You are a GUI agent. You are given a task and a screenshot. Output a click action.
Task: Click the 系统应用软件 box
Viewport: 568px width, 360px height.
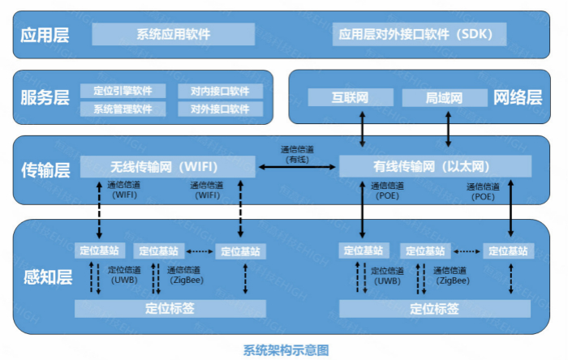click(174, 34)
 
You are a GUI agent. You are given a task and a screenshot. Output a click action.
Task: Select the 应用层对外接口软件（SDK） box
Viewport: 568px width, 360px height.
click(420, 34)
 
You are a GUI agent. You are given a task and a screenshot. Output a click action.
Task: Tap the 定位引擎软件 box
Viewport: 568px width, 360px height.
click(123, 91)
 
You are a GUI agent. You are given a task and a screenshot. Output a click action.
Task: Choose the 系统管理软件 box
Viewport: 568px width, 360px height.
click(123, 109)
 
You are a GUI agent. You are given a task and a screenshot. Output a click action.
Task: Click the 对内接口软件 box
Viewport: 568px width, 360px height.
click(220, 91)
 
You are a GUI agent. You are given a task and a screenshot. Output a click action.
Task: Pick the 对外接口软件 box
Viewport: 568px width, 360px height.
click(220, 109)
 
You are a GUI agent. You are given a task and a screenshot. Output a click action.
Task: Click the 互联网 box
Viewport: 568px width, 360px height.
click(351, 98)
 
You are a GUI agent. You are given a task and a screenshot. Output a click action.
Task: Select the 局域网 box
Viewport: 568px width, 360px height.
click(444, 98)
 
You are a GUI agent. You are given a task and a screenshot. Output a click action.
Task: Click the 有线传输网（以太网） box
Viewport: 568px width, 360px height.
click(435, 166)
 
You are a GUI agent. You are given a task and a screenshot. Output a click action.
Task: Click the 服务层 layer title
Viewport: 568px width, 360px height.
click(45, 98)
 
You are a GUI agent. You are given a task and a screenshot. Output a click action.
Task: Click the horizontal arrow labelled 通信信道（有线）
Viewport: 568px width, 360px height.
click(297, 167)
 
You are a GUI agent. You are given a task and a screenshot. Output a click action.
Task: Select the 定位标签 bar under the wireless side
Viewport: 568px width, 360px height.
click(170, 308)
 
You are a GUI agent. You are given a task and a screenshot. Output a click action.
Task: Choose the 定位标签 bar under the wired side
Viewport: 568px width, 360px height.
click(435, 308)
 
